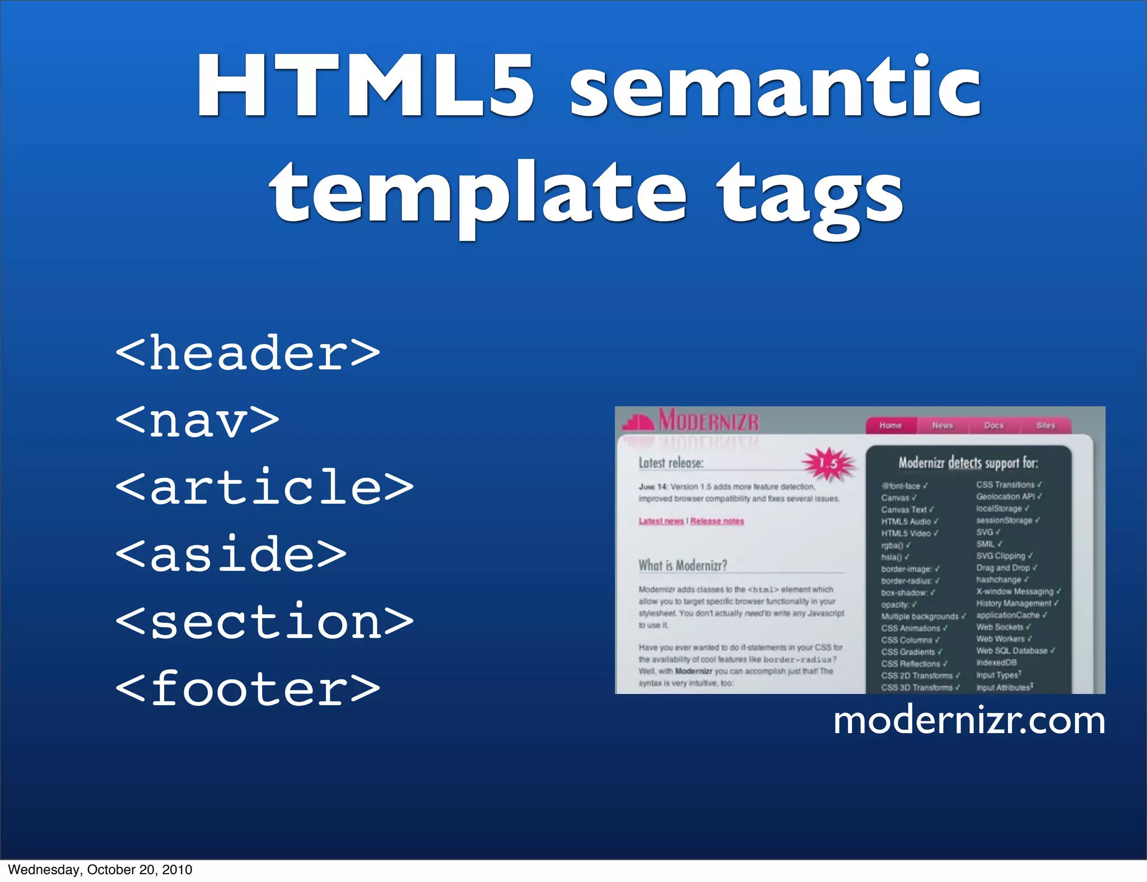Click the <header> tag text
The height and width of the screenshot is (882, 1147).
point(248,353)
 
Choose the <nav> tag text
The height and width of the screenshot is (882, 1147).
point(197,420)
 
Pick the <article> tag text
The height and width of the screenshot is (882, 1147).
point(264,487)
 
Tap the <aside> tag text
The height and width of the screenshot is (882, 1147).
point(231,554)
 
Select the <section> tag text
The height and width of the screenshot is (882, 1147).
point(264,621)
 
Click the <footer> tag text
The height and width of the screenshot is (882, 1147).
point(248,688)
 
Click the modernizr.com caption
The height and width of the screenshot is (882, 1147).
point(969,721)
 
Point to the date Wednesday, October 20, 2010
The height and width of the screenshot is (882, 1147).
point(100,870)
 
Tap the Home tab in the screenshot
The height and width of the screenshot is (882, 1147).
point(890,425)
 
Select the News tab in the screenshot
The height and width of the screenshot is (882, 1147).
point(943,425)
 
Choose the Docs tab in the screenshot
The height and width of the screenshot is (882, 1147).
point(994,425)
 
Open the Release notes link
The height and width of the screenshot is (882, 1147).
point(717,521)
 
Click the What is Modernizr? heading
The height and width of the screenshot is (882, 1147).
point(683,565)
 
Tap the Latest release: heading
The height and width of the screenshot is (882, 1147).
point(671,463)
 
